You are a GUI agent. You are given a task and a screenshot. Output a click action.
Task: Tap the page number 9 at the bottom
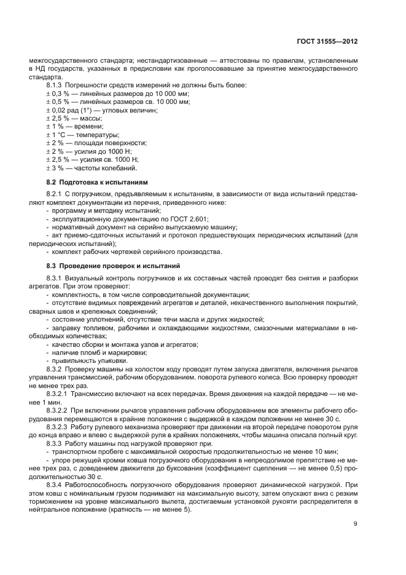pos(356,524)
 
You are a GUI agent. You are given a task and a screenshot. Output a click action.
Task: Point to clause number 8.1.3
pos(57,84)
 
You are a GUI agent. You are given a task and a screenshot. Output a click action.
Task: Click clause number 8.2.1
pos(57,194)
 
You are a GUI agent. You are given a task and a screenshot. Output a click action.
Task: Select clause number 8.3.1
pos(57,278)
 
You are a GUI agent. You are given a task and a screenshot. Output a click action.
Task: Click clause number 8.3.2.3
pos(60,425)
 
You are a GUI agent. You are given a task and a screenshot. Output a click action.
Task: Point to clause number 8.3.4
pos(57,484)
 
